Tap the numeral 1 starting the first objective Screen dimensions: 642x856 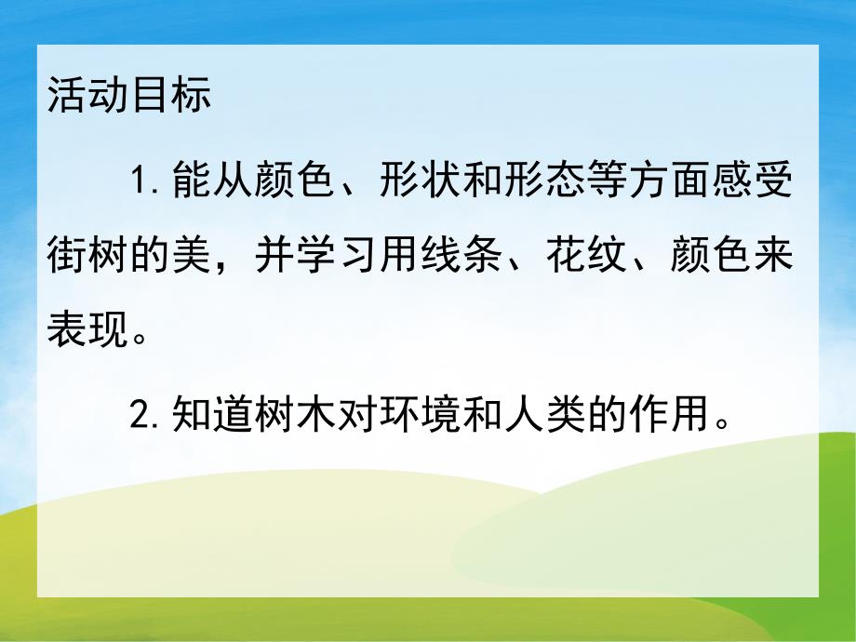(x=139, y=183)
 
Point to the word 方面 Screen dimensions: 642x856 (x=659, y=183)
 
